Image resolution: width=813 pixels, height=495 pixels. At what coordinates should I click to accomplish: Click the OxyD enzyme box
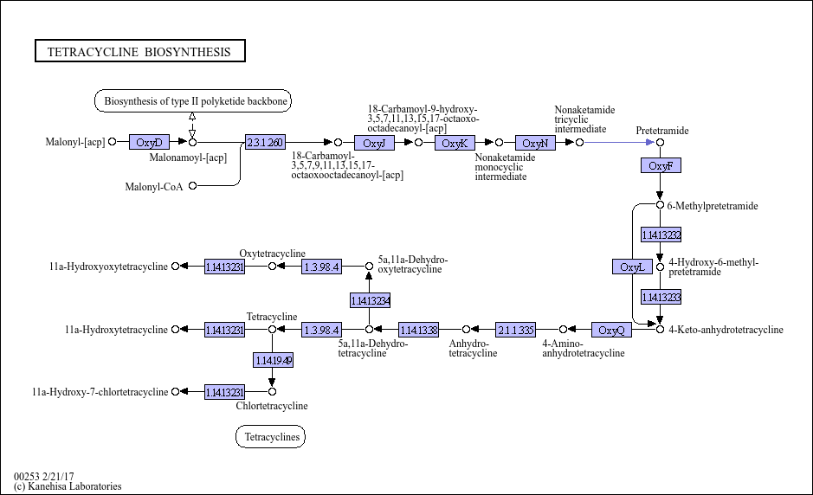149,142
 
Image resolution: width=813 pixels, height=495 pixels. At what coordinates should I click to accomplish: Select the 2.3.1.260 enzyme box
265,142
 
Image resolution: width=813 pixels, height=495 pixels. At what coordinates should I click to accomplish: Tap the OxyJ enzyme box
374,143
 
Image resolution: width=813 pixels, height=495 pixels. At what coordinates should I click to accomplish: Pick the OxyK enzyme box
455,143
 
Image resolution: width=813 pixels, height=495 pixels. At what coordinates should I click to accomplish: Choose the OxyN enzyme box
535,143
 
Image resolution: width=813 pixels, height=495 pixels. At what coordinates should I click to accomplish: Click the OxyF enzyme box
661,165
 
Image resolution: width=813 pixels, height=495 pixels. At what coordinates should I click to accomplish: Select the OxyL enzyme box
633,267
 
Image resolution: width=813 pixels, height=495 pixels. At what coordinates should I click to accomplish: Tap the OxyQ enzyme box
612,330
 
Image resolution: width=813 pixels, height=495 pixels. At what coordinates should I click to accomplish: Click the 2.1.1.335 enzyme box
516,330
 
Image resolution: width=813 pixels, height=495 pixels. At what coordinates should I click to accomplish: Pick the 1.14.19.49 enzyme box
274,360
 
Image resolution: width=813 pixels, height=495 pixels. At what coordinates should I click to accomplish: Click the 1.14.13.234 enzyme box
371,300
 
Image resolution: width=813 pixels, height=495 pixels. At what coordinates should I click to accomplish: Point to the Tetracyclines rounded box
271,436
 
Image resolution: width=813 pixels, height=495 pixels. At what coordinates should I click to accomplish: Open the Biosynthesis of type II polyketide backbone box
193,100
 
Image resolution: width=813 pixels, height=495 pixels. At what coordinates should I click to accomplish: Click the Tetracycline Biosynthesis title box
140,51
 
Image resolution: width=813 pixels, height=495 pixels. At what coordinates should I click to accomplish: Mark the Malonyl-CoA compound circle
193,185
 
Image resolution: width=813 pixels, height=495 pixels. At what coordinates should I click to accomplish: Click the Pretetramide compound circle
660,143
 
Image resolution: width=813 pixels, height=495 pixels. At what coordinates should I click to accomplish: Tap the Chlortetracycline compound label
272,406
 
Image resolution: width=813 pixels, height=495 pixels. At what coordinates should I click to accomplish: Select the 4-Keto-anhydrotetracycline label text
726,330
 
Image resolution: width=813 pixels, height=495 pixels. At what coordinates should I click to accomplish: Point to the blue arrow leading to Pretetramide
619,142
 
